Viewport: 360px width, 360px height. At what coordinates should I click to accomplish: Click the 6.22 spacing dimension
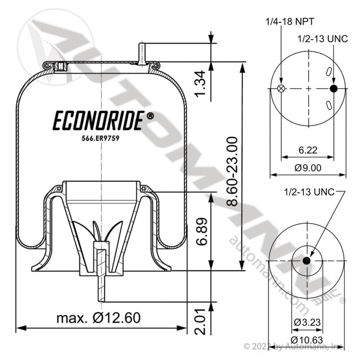tap(308, 151)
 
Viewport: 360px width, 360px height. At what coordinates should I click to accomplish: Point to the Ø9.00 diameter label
tap(308, 168)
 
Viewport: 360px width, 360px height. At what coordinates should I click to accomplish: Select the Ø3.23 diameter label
tap(306, 322)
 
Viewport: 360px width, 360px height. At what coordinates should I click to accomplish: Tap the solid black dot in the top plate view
tap(333, 89)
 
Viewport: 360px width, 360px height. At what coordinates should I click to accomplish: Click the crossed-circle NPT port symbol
tap(282, 89)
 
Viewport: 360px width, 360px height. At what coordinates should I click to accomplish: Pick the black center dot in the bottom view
tap(307, 261)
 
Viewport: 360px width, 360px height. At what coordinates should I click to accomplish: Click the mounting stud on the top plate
tap(142, 53)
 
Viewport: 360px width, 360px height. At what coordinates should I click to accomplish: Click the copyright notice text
tap(295, 346)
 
